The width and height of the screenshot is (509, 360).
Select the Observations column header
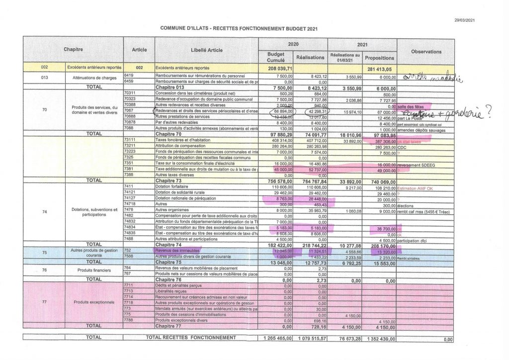(x=426, y=52)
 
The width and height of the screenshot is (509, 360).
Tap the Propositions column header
(x=379, y=58)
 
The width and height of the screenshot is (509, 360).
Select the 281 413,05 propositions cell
(x=379, y=68)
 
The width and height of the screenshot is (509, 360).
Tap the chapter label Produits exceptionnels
(x=93, y=302)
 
